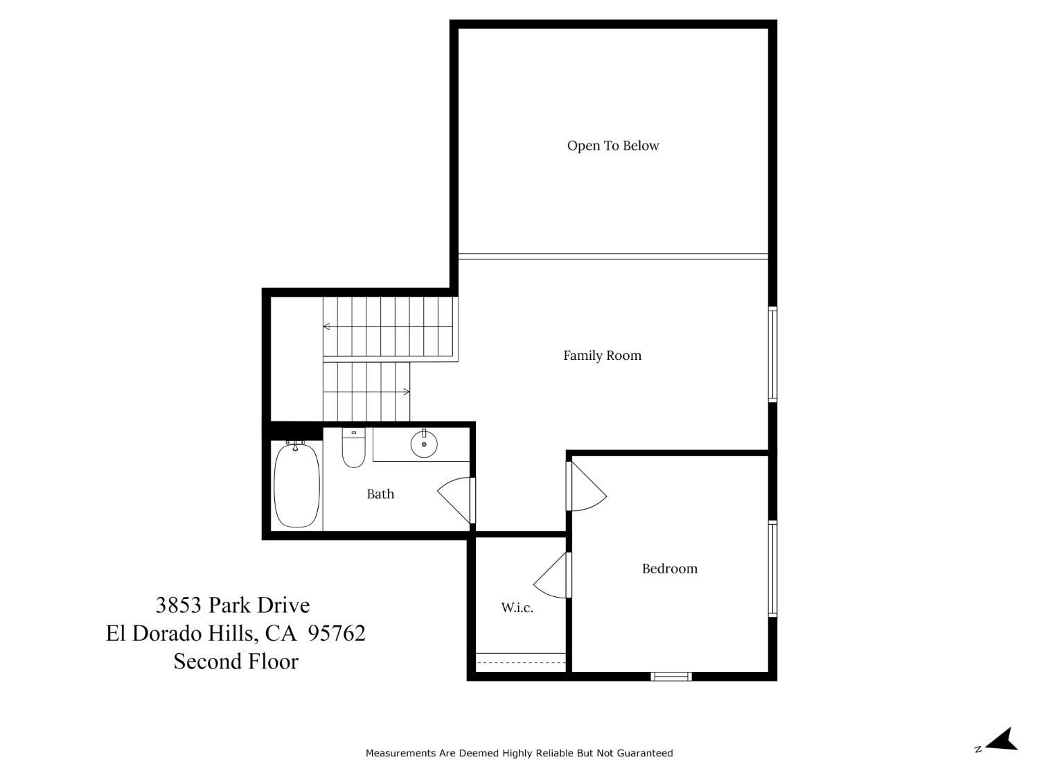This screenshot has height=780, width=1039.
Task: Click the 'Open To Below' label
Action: tap(612, 146)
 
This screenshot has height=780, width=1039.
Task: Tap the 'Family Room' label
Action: tap(602, 355)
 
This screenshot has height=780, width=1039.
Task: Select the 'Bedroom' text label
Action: tap(669, 569)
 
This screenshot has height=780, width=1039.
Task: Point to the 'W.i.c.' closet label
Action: tap(517, 607)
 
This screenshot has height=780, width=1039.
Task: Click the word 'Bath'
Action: tap(380, 494)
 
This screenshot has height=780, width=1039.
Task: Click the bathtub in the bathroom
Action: tap(296, 485)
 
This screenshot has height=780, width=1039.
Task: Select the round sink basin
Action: tap(424, 444)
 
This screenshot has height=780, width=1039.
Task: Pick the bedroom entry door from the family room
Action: tap(586, 487)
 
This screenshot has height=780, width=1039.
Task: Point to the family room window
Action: tap(772, 354)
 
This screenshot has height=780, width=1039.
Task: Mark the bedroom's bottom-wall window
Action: tap(671, 676)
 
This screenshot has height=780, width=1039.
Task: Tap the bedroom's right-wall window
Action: tap(772, 569)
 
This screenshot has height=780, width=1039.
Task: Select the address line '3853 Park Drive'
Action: tap(233, 605)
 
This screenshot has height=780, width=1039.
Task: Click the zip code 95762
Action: tap(337, 633)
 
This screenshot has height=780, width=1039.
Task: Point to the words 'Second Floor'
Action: tap(236, 661)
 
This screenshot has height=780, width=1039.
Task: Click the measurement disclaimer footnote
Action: tap(519, 753)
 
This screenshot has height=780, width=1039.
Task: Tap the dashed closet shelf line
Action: tap(521, 662)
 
